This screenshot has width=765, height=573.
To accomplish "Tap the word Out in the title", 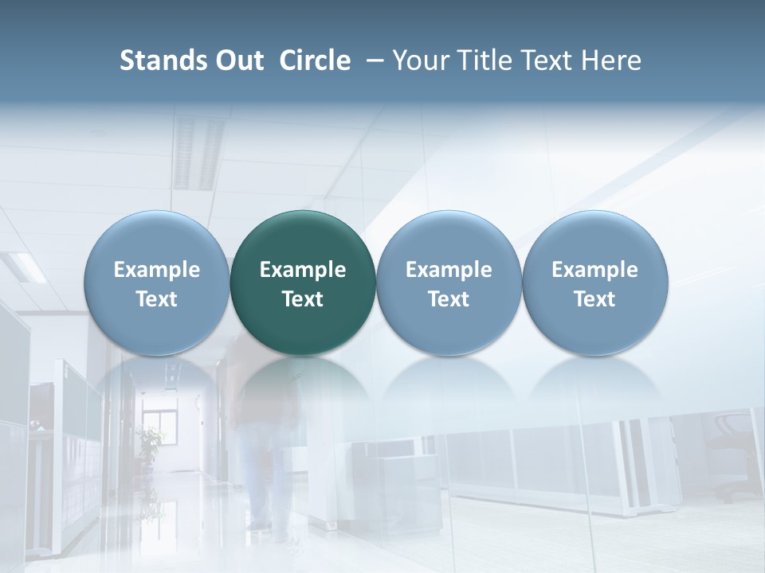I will (x=237, y=60).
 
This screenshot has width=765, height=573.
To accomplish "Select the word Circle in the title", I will (x=315, y=60).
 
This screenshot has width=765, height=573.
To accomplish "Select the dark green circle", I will (x=303, y=283).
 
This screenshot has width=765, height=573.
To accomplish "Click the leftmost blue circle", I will (x=156, y=283).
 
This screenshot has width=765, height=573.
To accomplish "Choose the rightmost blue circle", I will (x=594, y=283).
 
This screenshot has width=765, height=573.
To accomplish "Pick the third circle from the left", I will (x=449, y=283).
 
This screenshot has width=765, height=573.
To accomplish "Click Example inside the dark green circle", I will (x=303, y=270).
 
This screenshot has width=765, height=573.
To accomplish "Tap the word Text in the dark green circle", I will (x=303, y=299).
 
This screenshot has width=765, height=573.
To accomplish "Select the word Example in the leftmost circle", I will (x=156, y=270).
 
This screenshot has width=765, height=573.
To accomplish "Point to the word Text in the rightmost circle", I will (x=594, y=299).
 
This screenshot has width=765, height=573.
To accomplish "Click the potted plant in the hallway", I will (x=149, y=446).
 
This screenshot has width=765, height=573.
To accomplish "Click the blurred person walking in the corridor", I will (x=259, y=446).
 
